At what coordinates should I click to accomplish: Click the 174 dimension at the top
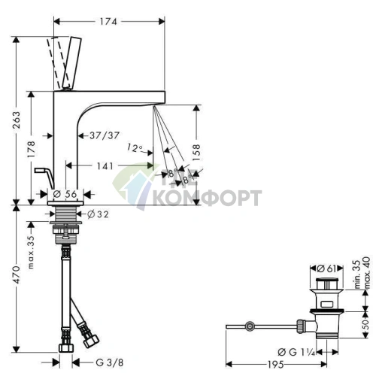(108, 22)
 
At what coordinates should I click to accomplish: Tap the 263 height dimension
(17, 120)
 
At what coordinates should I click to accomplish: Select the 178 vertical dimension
(32, 149)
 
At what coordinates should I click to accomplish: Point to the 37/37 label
(105, 135)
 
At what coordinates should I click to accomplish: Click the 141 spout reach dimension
(105, 166)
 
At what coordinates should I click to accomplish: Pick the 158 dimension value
(196, 153)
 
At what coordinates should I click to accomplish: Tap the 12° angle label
(135, 147)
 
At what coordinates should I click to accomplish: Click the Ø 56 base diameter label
(65, 194)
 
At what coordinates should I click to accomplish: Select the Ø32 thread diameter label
(98, 214)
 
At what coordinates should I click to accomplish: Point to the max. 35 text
(31, 253)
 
